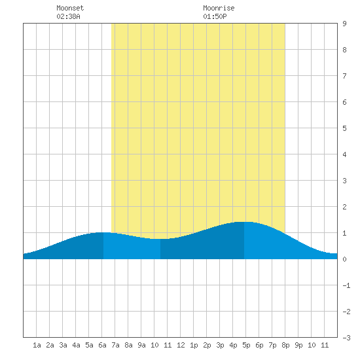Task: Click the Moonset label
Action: tap(70, 8)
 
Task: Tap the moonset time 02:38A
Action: tap(68, 16)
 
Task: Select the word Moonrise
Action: tap(219, 8)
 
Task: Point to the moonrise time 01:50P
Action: tap(215, 16)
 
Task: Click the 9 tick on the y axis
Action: tap(344, 24)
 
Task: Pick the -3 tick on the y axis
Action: tap(346, 338)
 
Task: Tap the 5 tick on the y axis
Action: tap(344, 128)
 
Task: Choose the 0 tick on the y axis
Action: tap(344, 259)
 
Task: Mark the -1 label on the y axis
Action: tap(346, 285)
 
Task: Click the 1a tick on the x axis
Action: tap(37, 345)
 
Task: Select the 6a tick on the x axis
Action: tap(102, 345)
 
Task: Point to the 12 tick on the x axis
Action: tap(181, 345)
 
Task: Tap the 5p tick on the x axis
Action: tap(246, 345)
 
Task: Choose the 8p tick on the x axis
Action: tap(285, 345)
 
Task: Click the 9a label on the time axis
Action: tap(141, 345)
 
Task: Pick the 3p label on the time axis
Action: tap(220, 345)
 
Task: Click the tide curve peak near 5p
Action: tap(244, 222)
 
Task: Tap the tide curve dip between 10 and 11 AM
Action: tap(160, 239)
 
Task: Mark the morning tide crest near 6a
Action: tap(103, 232)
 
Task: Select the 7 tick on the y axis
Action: tap(344, 76)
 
